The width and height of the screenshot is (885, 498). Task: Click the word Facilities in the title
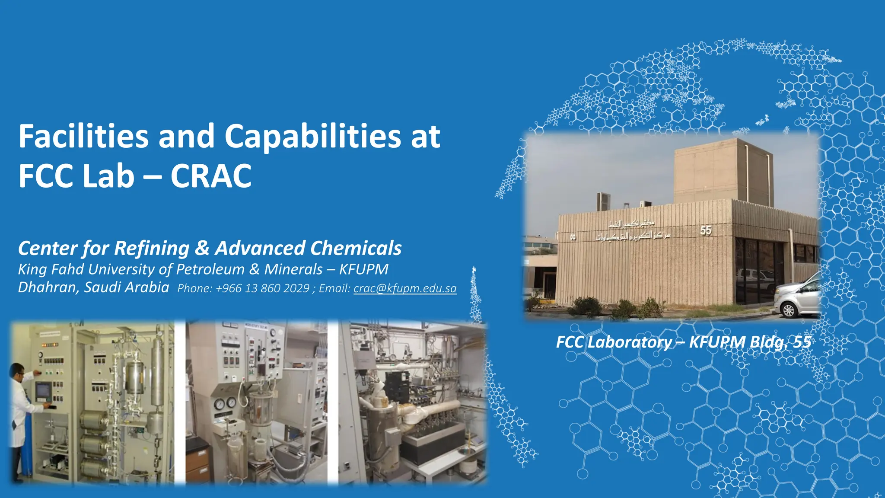83,136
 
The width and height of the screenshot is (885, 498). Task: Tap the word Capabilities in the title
312,136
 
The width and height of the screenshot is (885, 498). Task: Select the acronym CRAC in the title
211,176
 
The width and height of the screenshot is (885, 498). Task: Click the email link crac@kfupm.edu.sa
405,288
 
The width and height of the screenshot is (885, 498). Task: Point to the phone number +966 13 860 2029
262,288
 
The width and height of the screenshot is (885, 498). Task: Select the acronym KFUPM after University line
364,269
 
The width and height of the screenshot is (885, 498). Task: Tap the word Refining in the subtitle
152,248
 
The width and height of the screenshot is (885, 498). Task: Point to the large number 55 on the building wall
706,230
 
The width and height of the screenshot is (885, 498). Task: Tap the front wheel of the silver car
789,310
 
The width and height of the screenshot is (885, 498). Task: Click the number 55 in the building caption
802,342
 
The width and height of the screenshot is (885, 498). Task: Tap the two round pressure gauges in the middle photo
225,403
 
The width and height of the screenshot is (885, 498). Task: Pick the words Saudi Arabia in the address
127,287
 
